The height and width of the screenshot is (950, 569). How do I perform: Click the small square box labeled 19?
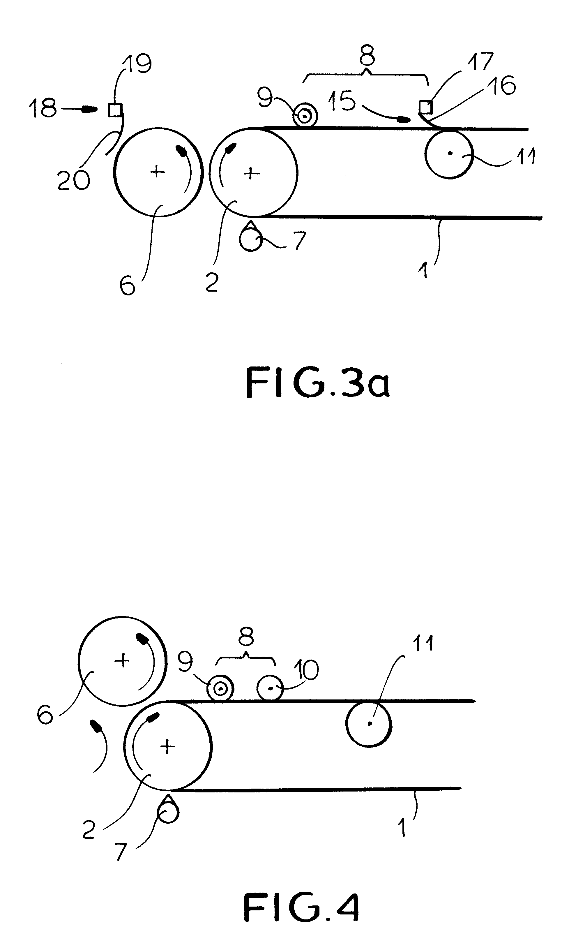(115, 110)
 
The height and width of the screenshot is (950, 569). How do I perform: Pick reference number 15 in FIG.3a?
(342, 101)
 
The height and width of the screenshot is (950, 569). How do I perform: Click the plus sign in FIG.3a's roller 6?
(157, 171)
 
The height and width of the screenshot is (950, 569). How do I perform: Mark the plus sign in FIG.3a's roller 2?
(252, 173)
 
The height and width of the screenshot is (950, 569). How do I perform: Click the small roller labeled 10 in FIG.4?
(270, 688)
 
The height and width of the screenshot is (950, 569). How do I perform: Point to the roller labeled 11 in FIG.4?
(369, 724)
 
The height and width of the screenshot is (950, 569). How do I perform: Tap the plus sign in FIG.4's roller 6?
(122, 660)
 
